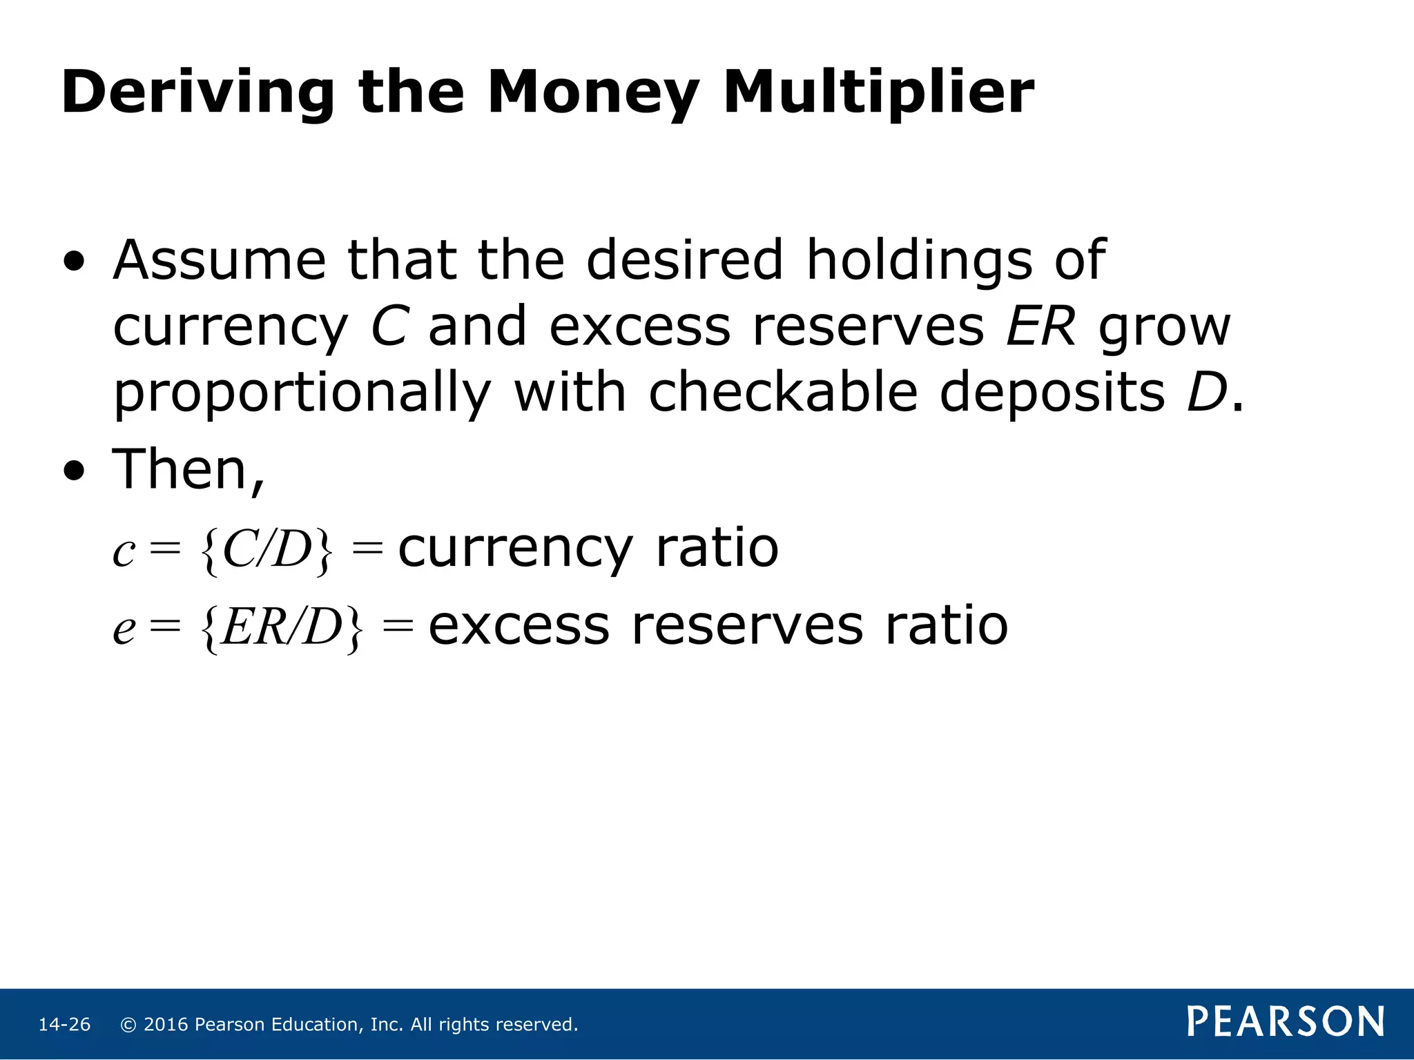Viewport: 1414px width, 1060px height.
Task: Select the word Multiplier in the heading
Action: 878,92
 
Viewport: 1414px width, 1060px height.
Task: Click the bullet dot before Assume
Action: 75,262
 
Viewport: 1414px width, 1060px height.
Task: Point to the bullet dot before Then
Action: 75,471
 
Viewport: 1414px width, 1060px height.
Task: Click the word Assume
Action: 220,260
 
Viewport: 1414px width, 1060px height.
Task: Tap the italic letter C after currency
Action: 389,326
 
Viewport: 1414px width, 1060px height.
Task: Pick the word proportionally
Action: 302,393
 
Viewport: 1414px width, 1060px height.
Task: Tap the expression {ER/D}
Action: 281,627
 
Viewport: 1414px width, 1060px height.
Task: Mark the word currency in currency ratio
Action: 515,549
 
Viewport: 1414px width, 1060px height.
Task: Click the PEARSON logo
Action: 1285,1021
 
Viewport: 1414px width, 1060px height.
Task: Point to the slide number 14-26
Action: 64,1025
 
